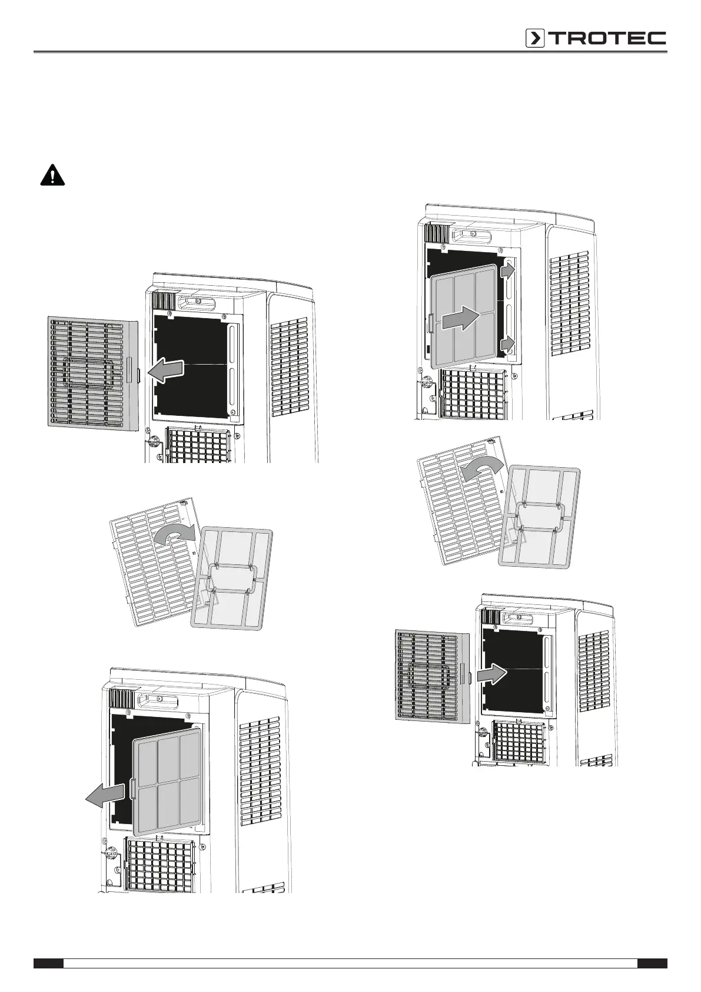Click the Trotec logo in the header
(596, 38)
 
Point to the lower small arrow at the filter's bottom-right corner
(508, 345)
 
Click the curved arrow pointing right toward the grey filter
(175, 534)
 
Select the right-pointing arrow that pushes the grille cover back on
(490, 673)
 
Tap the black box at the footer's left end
(48, 963)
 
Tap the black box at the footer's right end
(652, 963)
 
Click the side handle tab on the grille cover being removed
(137, 375)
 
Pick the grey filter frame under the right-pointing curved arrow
(232, 577)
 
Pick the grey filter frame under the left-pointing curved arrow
(539, 515)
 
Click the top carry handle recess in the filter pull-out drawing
(158, 699)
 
